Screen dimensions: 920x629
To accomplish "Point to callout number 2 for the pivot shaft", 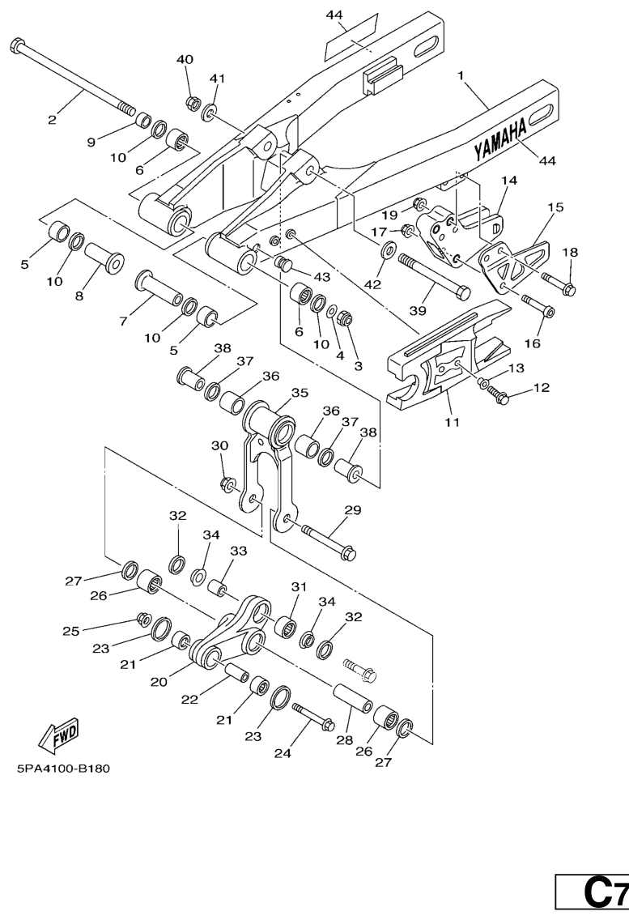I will coord(53,120).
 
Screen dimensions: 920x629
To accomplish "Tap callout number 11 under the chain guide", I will coord(452,422).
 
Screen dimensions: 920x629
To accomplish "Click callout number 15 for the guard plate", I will coord(555,207).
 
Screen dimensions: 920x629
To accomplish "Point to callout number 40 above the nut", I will coord(185,60).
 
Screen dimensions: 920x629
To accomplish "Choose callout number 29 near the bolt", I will coord(352,510).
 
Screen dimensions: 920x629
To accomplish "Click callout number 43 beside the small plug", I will coord(322,277).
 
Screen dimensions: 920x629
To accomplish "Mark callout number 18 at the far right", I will coord(570,252).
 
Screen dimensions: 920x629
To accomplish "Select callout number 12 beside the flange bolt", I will coord(541,387).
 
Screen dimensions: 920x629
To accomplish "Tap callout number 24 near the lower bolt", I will coord(282,753).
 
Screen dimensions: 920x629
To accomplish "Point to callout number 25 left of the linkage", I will coord(70,631).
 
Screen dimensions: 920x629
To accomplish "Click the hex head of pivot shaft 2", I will coord(18,45).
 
